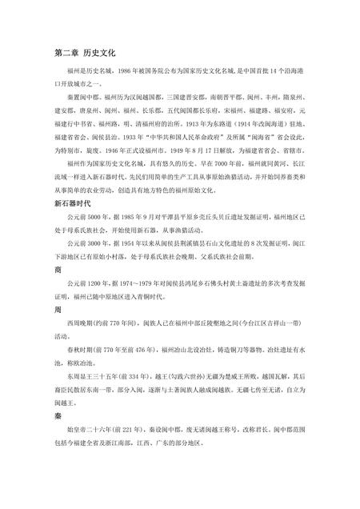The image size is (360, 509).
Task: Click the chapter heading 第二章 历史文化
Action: coord(84,53)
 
